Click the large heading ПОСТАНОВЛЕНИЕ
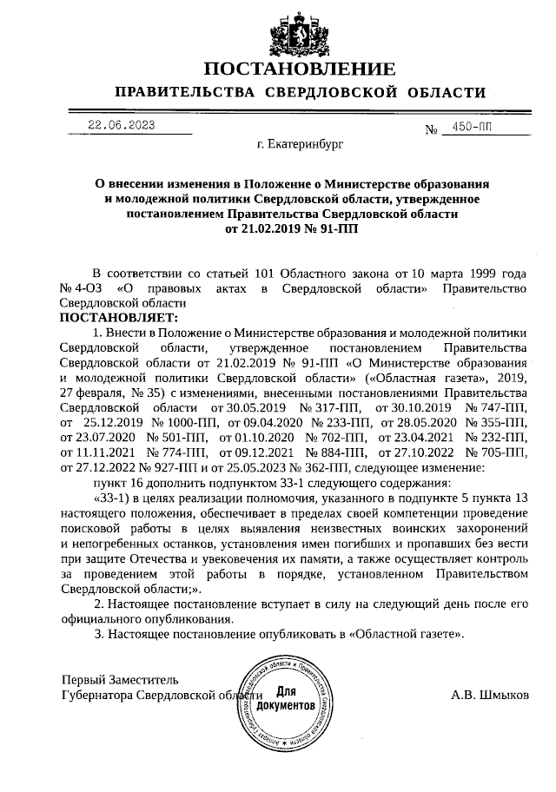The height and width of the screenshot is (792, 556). (300, 69)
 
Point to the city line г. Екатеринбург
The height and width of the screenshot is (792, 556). (300, 148)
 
